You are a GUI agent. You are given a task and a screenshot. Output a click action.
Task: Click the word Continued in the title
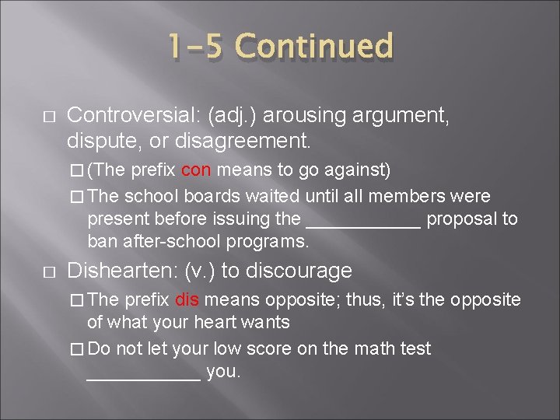click(x=314, y=47)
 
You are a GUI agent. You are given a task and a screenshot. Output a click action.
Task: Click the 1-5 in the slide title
click(x=194, y=47)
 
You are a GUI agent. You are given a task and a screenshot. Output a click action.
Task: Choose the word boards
click(x=214, y=194)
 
